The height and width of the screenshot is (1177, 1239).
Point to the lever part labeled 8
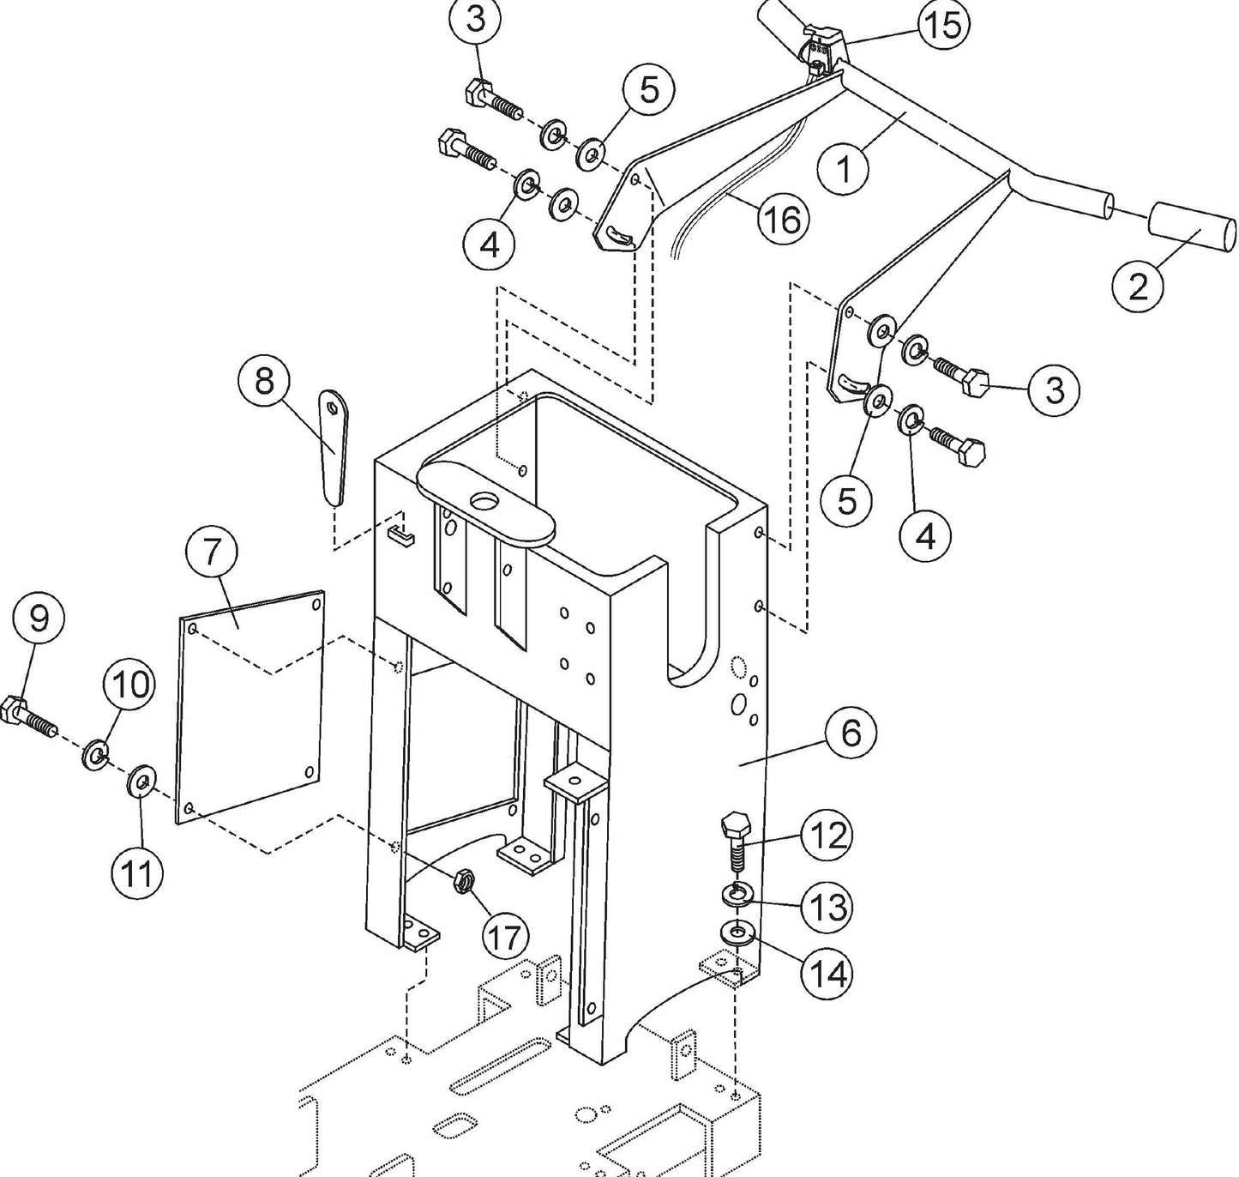[x=334, y=446]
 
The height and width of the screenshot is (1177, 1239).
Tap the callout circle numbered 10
[x=129, y=685]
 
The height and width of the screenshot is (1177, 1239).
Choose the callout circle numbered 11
[x=137, y=873]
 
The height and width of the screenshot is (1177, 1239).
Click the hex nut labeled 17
[x=464, y=880]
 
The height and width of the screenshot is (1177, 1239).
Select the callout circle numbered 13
[x=827, y=906]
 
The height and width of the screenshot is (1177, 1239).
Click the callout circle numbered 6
[x=851, y=733]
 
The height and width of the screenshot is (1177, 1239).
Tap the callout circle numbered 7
[x=212, y=552]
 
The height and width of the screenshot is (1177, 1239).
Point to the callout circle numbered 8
[x=264, y=380]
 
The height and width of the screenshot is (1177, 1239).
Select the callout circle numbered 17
[x=505, y=937]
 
